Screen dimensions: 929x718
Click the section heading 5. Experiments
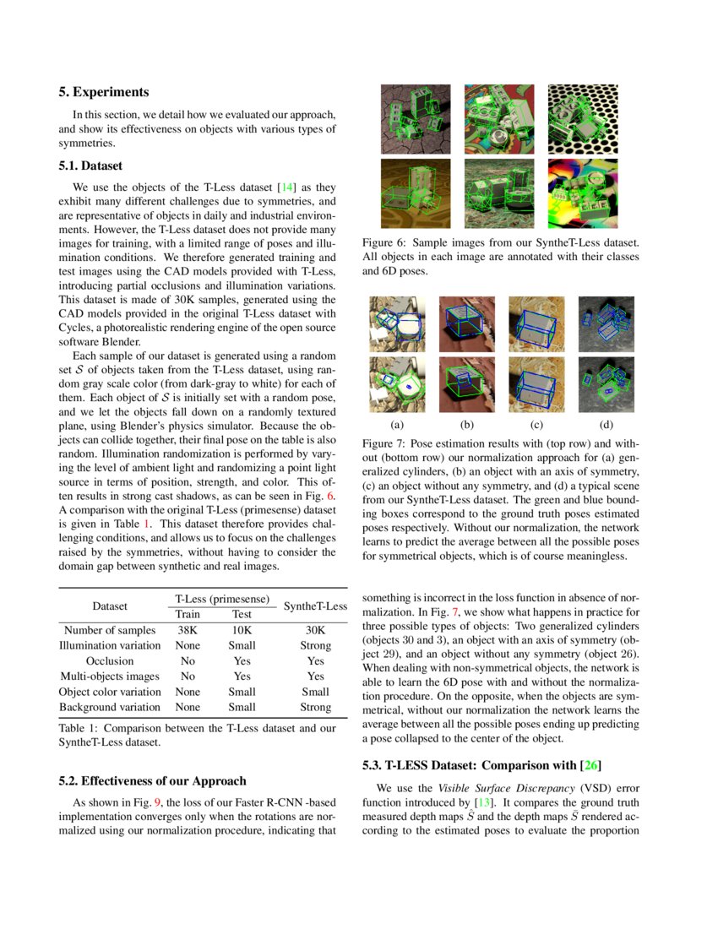tap(103, 92)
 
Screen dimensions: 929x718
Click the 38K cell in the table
tap(188, 630)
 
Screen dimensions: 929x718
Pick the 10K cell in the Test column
tap(242, 630)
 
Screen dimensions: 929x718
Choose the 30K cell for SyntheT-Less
tap(316, 630)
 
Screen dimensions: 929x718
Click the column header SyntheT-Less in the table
tap(316, 606)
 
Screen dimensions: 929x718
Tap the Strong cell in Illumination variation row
tap(316, 645)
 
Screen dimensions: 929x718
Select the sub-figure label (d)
tap(606, 425)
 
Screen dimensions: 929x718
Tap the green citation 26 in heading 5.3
tap(590, 766)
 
